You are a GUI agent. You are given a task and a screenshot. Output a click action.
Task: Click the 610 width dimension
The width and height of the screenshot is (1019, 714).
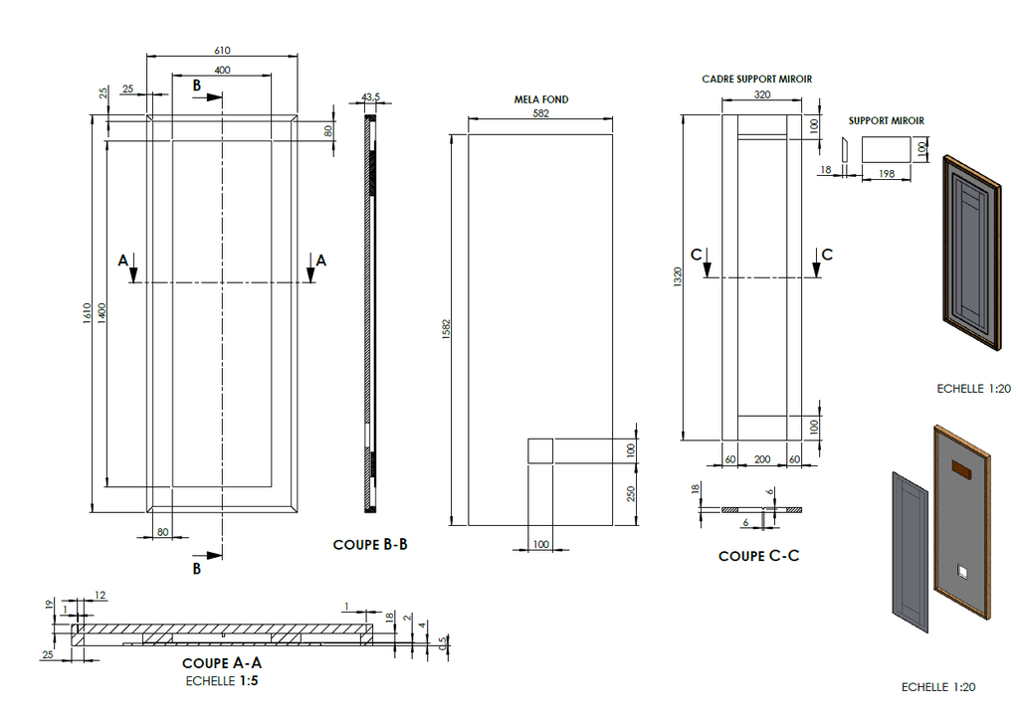[x=222, y=50]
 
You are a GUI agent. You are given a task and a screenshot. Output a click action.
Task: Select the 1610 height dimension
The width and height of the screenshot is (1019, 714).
[x=88, y=313]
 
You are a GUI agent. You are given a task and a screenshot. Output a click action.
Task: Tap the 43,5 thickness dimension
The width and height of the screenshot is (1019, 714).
[x=370, y=96]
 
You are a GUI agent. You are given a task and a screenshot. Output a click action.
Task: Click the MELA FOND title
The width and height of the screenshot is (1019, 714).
[x=541, y=99]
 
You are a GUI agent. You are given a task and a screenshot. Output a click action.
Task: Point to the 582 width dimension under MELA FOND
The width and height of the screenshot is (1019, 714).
[x=540, y=113]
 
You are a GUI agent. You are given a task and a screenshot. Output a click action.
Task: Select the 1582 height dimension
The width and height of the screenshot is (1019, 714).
[x=446, y=329]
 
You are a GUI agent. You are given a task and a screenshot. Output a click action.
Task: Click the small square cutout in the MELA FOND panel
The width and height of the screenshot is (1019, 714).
[x=540, y=450]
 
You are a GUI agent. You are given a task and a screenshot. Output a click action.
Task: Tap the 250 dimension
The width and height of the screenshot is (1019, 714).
[x=630, y=494]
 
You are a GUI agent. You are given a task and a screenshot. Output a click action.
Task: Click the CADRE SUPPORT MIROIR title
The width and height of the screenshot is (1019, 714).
[x=757, y=80]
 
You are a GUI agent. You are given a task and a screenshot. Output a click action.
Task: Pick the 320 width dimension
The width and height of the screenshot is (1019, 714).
[x=762, y=94]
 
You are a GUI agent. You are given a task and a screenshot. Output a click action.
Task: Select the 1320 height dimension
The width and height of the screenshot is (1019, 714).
[x=678, y=276]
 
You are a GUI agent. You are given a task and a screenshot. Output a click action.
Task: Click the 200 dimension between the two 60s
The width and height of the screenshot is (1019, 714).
[x=762, y=459]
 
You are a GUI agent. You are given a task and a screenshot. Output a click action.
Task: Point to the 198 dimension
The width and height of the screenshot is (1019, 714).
[x=887, y=173]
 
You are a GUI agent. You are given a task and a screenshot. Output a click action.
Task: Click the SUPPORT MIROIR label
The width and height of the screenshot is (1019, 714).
[x=887, y=121]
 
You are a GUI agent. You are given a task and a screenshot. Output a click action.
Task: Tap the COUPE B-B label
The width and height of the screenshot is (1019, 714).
[x=370, y=544]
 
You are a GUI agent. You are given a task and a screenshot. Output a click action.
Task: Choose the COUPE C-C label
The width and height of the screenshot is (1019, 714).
[x=759, y=556]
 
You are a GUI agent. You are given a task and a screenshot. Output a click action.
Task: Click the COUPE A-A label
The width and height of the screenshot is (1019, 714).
[x=222, y=662]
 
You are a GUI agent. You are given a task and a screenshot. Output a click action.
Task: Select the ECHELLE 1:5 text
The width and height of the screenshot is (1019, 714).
[x=222, y=681]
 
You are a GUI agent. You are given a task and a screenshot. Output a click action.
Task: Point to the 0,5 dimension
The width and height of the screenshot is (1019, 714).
[x=443, y=643]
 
